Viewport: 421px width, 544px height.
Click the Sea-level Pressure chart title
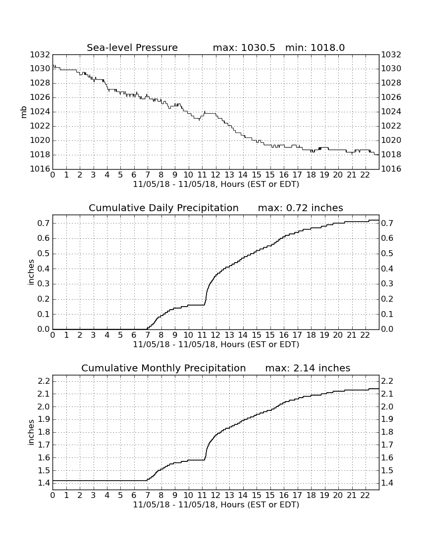coord(132,47)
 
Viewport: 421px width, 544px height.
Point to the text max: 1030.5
coord(244,47)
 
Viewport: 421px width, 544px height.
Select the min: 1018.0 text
coord(315,47)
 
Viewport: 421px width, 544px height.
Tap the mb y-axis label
coord(24,112)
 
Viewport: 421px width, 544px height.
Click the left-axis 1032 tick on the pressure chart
coord(40,55)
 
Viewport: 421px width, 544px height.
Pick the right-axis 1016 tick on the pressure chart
coord(391,169)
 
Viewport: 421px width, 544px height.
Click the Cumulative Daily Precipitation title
coord(163,208)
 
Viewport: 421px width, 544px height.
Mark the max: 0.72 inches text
coord(301,208)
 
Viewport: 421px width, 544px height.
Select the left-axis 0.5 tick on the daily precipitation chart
coord(44,254)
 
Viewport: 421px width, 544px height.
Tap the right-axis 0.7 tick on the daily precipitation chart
coord(387,223)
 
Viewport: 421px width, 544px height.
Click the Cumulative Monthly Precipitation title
coord(163,368)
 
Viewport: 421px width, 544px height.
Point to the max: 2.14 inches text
coord(308,368)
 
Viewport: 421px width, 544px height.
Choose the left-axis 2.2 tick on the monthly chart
coord(44,381)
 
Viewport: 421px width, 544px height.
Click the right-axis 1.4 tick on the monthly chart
coord(387,483)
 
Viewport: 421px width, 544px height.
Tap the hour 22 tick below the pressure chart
coord(365,175)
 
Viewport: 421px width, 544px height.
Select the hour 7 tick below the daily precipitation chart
coord(148,335)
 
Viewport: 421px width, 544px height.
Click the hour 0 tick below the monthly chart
coord(53,496)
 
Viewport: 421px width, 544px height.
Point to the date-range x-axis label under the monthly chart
coord(216,505)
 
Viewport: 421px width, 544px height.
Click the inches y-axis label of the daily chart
coord(31,272)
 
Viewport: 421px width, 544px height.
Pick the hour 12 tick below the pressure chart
coord(216,175)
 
